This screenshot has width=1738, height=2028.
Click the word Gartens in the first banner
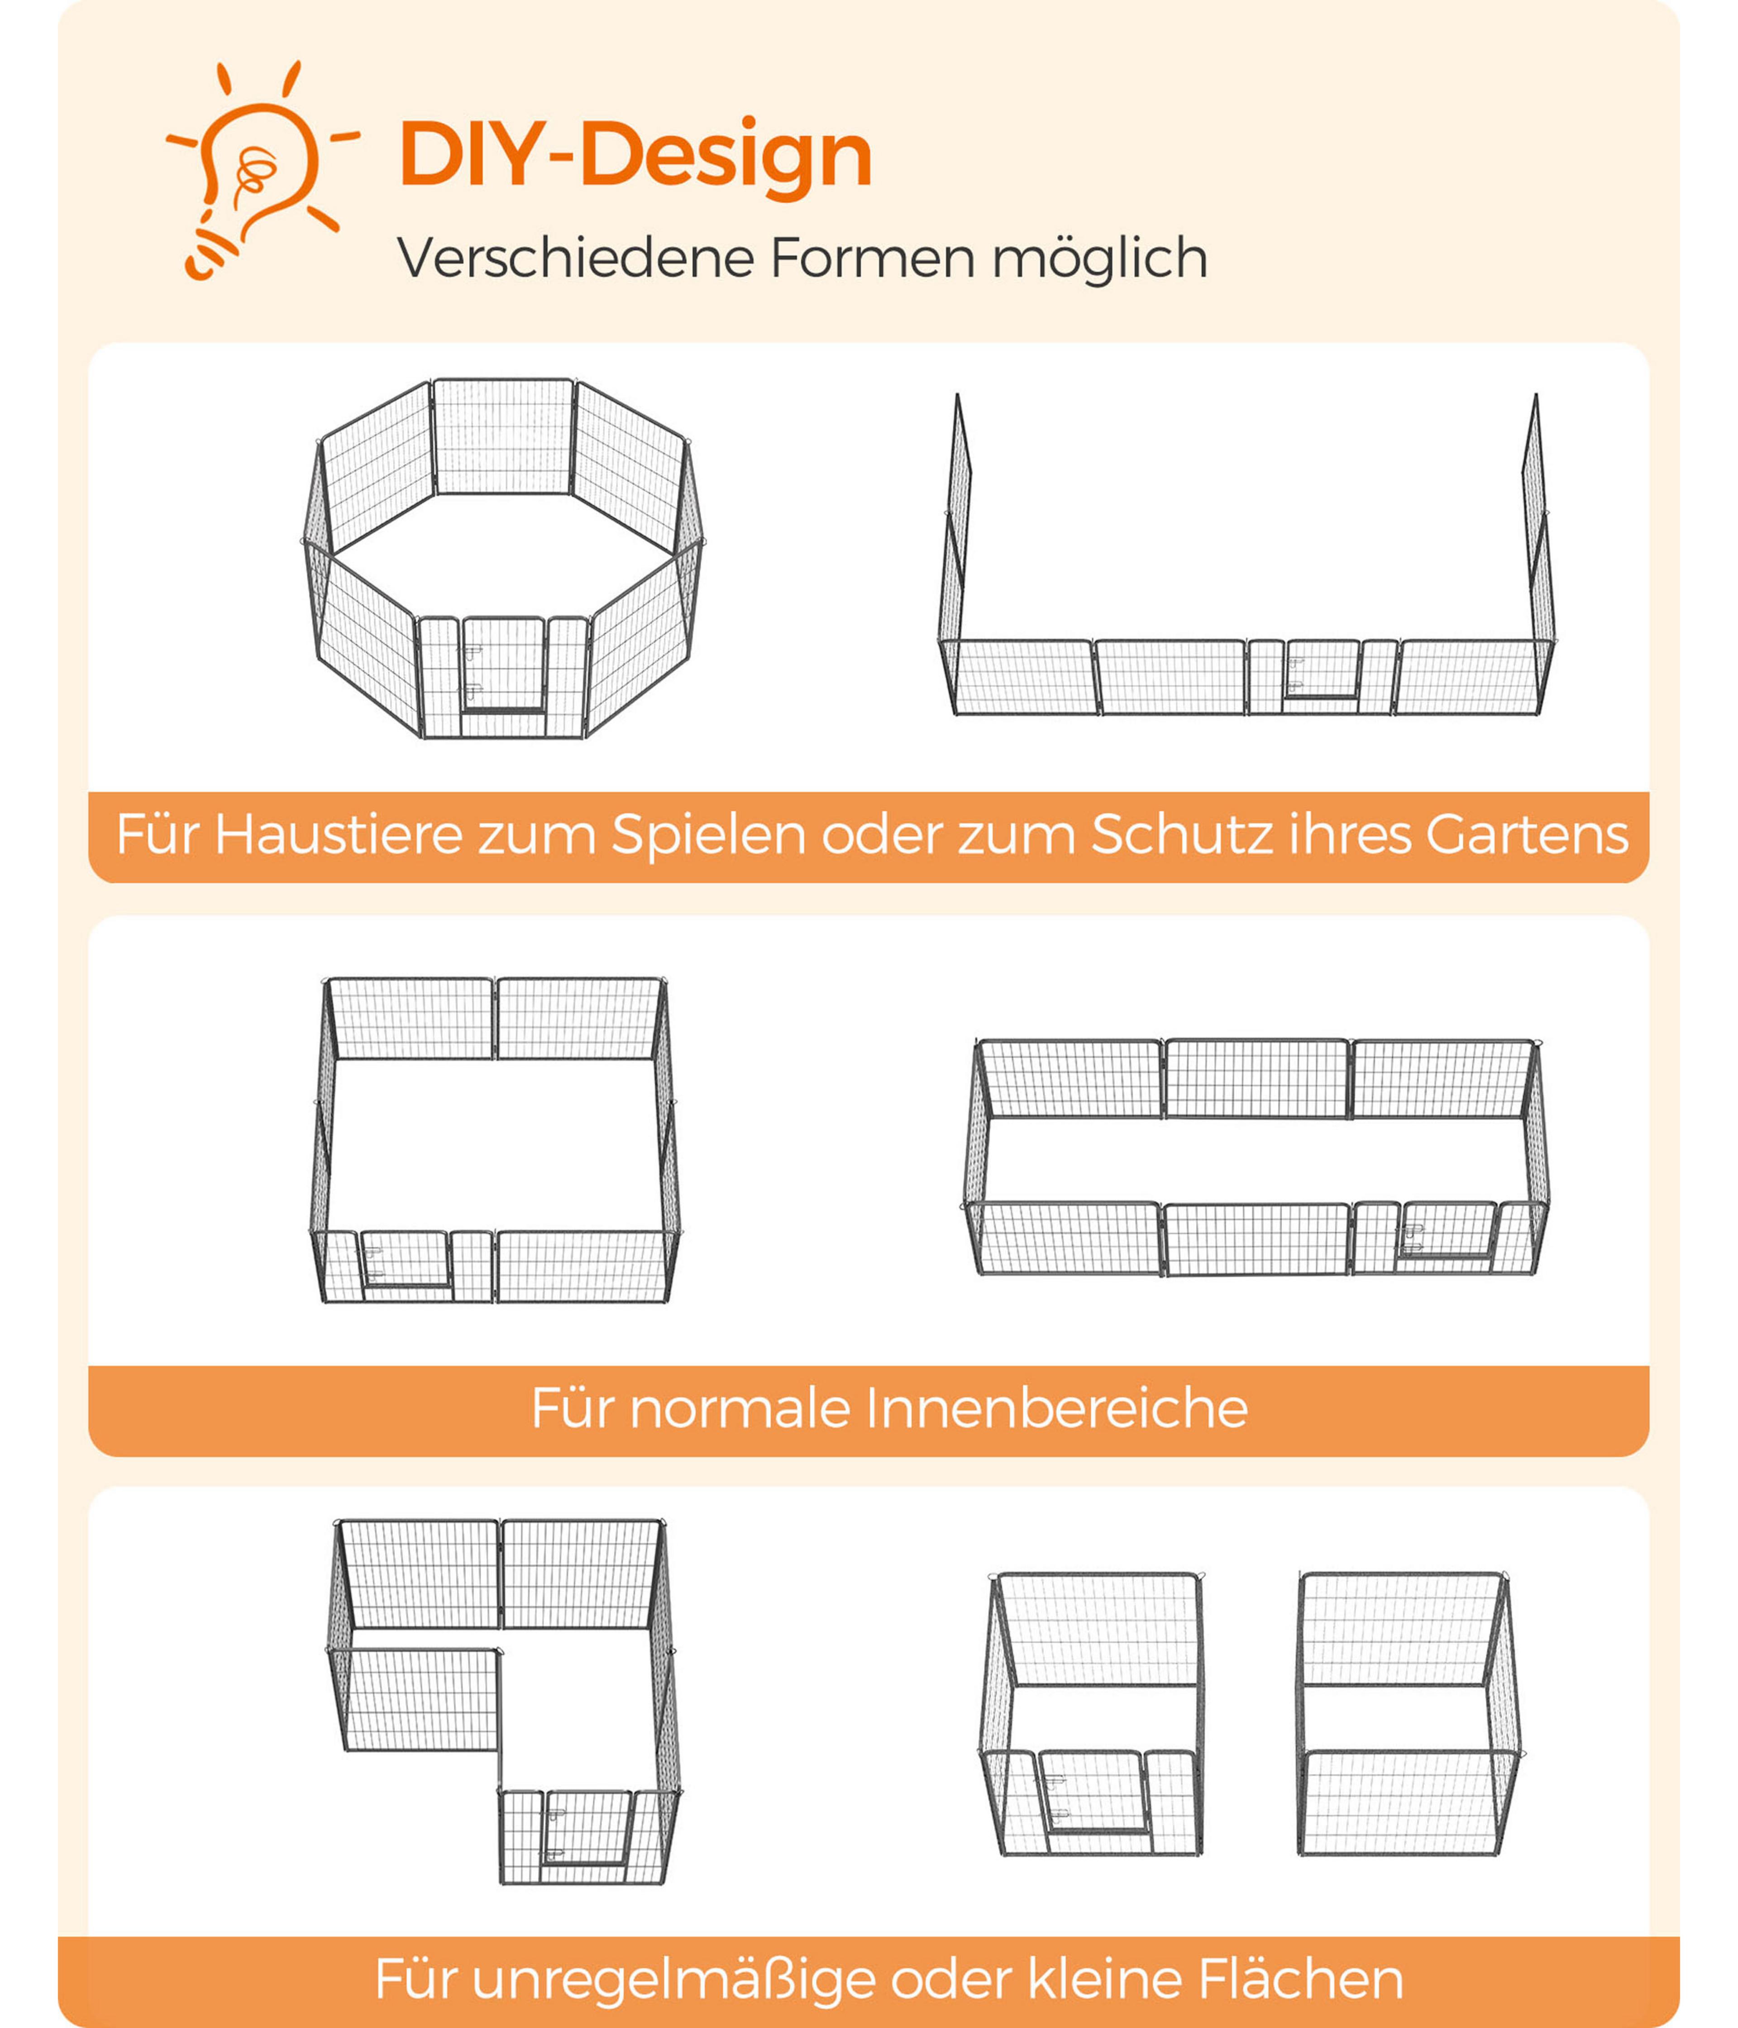pos(1527,835)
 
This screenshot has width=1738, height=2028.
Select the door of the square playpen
pos(405,1260)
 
